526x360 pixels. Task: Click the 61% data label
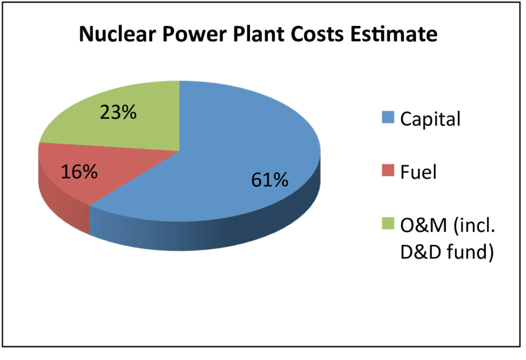point(269,180)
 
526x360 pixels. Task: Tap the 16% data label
point(79,172)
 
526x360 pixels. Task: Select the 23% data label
point(118,113)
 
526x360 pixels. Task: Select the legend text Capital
point(430,119)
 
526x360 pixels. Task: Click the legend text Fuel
point(418,172)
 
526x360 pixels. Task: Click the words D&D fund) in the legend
point(447,252)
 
